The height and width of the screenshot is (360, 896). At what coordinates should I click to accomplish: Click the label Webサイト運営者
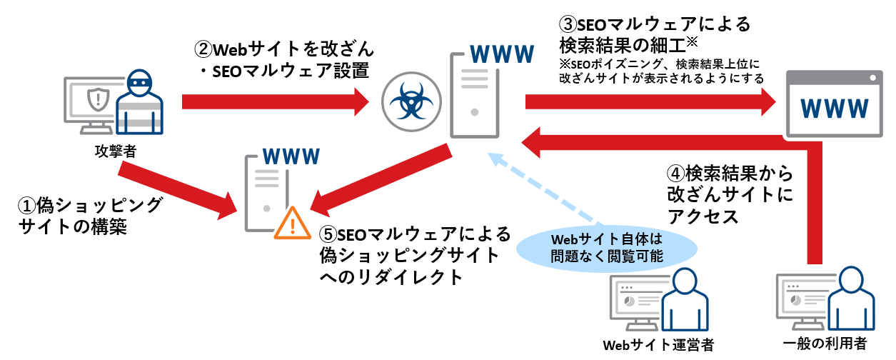coord(658,345)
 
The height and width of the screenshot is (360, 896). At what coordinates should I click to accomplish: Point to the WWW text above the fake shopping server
coord(291,157)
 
